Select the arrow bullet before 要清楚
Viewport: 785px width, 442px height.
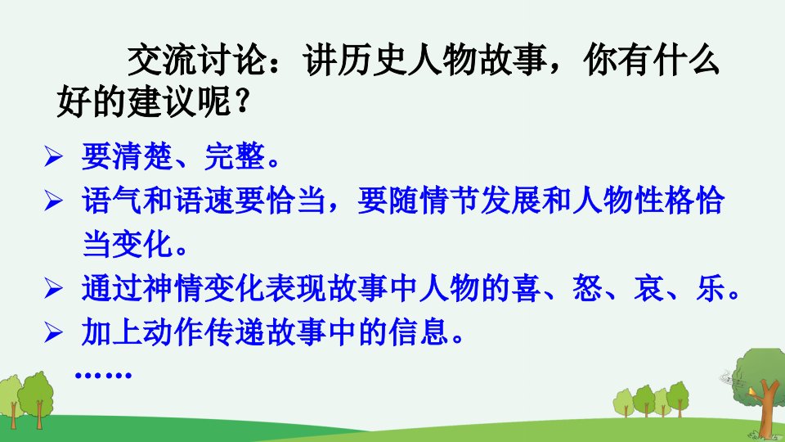click(53, 156)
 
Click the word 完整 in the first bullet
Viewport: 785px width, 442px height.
click(235, 156)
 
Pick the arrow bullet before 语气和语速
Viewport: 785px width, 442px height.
click(53, 201)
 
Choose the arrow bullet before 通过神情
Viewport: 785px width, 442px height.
click(53, 289)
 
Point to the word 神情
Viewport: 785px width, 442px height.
click(173, 289)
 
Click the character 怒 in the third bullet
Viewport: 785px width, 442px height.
click(588, 289)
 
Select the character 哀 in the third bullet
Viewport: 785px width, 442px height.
click(648, 289)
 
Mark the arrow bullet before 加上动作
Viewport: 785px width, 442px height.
click(53, 333)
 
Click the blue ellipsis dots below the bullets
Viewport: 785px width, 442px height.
click(103, 374)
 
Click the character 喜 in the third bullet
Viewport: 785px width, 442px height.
click(526, 289)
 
